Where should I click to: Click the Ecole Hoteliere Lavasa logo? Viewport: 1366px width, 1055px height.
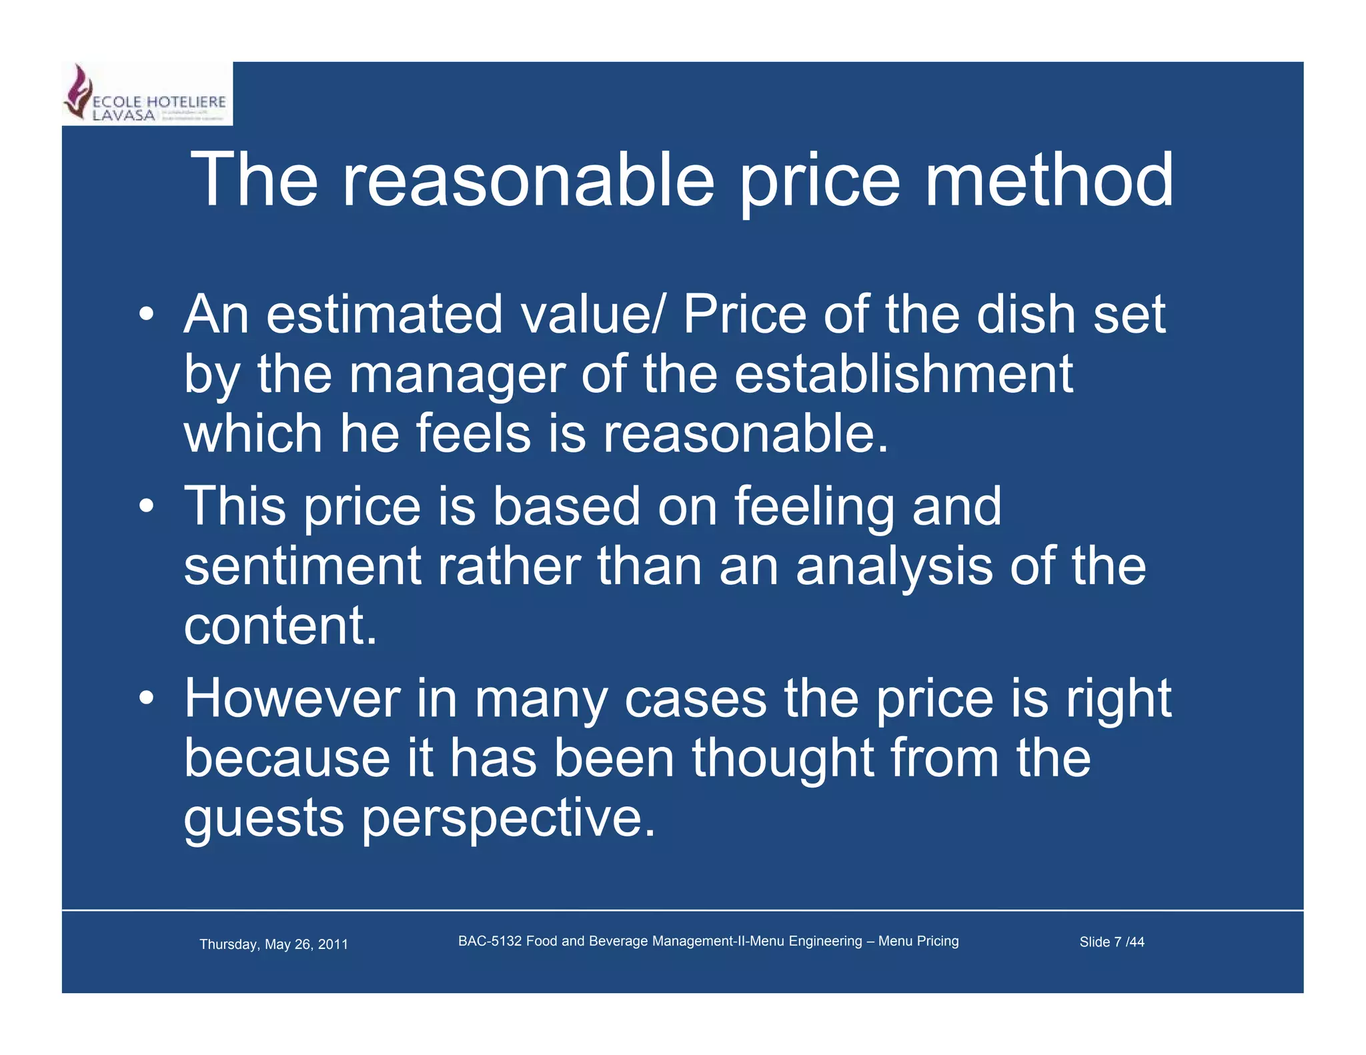click(x=147, y=94)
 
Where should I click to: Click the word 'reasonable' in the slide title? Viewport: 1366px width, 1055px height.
click(x=528, y=180)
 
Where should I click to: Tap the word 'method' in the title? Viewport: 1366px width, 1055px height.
click(x=1049, y=180)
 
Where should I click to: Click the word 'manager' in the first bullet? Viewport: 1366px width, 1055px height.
click(x=457, y=375)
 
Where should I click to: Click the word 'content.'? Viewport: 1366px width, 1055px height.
click(x=280, y=626)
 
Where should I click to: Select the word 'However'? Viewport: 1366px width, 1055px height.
click(x=292, y=698)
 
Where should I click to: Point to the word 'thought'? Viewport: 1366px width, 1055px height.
click(x=782, y=759)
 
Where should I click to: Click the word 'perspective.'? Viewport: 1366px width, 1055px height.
click(x=509, y=819)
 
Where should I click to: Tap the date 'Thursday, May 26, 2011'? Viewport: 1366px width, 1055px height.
click(x=273, y=944)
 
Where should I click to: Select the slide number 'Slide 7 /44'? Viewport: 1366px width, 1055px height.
click(x=1111, y=942)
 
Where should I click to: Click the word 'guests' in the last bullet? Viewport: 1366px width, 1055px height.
click(x=264, y=819)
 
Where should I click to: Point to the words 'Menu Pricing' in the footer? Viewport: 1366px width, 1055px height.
click(x=918, y=941)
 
